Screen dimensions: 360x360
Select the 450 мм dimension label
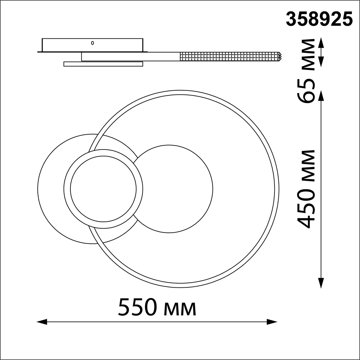tap(306, 189)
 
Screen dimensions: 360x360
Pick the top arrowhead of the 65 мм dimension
tap(321, 43)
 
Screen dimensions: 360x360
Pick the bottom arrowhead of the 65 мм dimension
tap(321, 62)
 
